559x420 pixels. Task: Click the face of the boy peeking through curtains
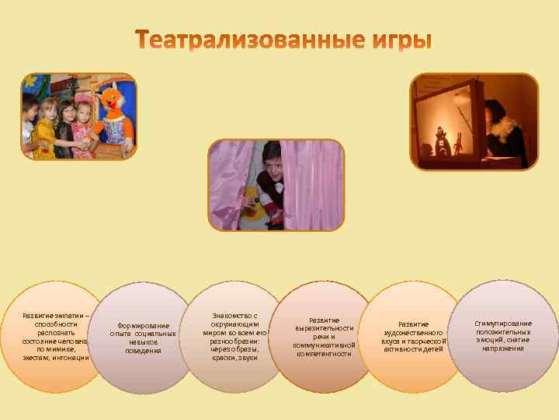[273, 159]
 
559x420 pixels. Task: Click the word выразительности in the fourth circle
[324, 328]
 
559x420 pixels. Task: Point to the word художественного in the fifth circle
[413, 332]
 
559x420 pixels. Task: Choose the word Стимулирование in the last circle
[503, 323]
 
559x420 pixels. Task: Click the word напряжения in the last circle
[503, 348]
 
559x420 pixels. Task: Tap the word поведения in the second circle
[144, 351]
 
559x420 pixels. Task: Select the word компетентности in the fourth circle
[324, 354]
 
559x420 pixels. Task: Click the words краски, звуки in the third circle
[234, 358]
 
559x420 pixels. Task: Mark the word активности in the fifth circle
[404, 349]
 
